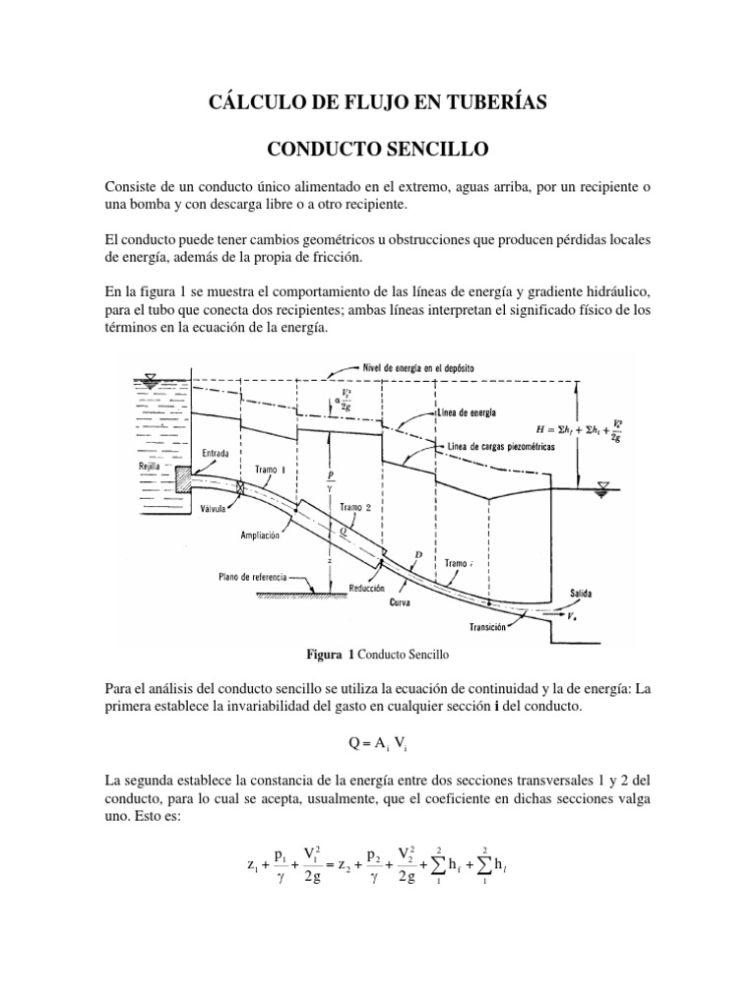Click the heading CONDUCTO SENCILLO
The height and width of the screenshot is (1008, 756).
pos(378,149)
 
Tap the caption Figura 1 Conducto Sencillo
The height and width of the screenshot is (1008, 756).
pos(378,654)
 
